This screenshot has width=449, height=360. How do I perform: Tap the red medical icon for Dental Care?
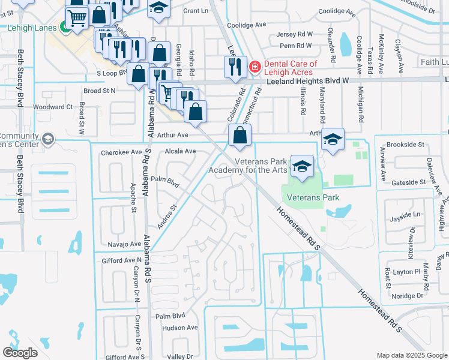tap(255, 65)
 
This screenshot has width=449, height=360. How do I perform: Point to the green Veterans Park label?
tap(313, 197)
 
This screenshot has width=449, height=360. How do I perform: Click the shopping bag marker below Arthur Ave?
tap(240, 136)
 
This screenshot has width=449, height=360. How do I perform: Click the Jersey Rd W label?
tap(295, 35)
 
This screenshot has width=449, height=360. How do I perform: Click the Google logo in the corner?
tap(20, 353)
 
